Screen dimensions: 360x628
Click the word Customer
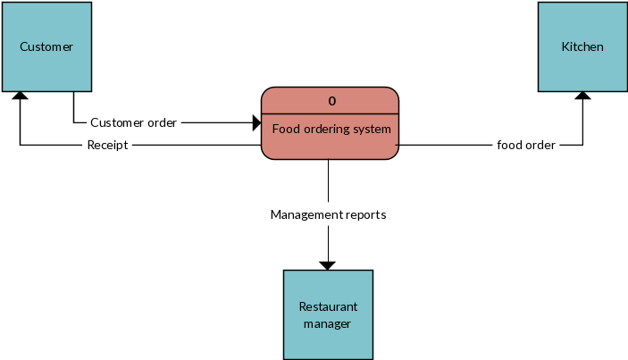(46, 47)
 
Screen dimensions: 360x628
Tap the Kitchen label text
(582, 47)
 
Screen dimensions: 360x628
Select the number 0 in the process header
(331, 101)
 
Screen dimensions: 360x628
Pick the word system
(373, 130)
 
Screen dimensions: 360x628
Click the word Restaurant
(328, 306)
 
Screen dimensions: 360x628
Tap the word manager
(328, 323)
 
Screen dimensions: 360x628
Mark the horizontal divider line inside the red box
(330, 113)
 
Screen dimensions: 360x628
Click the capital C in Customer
(24, 47)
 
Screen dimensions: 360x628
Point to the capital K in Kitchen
(565, 47)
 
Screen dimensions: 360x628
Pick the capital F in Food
(275, 130)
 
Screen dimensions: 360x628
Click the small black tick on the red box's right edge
(397, 145)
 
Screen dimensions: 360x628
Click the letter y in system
(364, 130)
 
